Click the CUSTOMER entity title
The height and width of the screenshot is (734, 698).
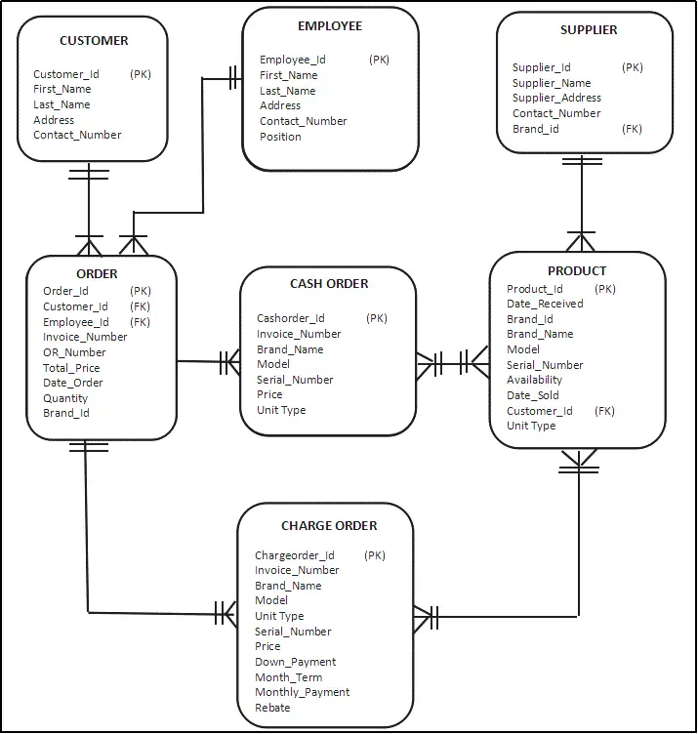click(x=94, y=41)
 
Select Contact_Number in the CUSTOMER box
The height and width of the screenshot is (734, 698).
click(x=77, y=135)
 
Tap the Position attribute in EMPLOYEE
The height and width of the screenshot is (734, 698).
click(x=280, y=137)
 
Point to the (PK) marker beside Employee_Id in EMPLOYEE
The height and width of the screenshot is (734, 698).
click(x=379, y=60)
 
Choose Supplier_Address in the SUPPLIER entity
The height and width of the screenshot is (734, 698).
click(x=556, y=98)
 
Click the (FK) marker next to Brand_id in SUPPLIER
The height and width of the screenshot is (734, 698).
click(x=632, y=129)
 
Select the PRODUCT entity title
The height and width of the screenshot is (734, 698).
click(x=577, y=270)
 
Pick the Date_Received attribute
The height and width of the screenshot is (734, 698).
click(x=545, y=304)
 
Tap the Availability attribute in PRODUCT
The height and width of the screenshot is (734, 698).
click(x=534, y=380)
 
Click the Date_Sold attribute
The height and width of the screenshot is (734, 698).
click(x=533, y=395)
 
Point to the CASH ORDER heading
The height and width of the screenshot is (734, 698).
click(x=329, y=284)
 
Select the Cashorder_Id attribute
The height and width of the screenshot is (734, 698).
click(x=291, y=318)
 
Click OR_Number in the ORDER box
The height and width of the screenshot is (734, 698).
click(x=74, y=352)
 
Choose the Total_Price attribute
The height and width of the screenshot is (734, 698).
click(x=72, y=368)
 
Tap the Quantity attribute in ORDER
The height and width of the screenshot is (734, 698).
click(x=65, y=398)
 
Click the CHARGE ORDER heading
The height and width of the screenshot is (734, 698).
click(x=329, y=526)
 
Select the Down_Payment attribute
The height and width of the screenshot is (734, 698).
click(x=295, y=662)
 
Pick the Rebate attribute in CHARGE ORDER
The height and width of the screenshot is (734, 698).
click(x=272, y=708)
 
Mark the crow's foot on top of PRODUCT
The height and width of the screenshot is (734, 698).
click(x=581, y=240)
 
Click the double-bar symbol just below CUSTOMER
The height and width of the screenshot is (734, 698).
click(x=89, y=174)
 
